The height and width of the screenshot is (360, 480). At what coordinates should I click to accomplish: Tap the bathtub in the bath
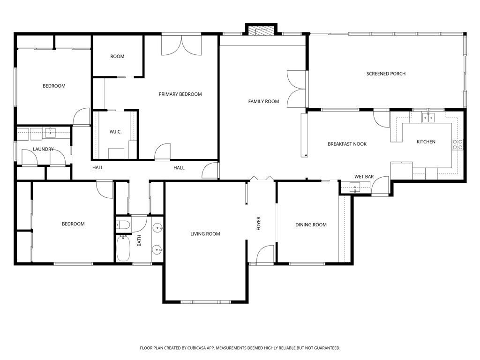pyautogui.click(x=123, y=247)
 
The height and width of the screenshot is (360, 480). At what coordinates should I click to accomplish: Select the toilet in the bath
pyautogui.click(x=123, y=225)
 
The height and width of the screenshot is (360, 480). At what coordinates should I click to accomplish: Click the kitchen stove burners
pyautogui.click(x=457, y=144)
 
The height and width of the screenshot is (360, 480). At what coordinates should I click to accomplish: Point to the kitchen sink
pyautogui.click(x=427, y=117)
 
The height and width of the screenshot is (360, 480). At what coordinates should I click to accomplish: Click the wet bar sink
pyautogui.click(x=356, y=188)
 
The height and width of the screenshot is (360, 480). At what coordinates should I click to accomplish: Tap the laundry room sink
pyautogui.click(x=50, y=133)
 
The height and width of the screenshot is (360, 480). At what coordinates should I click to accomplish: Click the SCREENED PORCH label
pyautogui.click(x=386, y=74)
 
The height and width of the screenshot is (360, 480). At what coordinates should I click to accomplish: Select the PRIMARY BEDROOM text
pyautogui.click(x=180, y=94)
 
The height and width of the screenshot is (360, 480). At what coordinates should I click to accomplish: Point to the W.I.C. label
pyautogui.click(x=115, y=132)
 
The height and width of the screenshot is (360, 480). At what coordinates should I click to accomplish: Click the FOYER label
pyautogui.click(x=258, y=224)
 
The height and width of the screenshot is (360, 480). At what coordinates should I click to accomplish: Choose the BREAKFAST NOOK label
pyautogui.click(x=347, y=144)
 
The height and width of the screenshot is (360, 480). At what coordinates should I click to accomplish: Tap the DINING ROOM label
pyautogui.click(x=311, y=225)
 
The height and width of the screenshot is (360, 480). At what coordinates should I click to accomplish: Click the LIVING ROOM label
pyautogui.click(x=205, y=234)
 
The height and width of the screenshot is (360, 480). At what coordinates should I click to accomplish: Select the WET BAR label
pyautogui.click(x=364, y=177)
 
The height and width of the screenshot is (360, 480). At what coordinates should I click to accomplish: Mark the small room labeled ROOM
pyautogui.click(x=117, y=56)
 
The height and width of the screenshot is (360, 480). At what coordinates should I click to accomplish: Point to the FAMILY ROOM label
pyautogui.click(x=263, y=101)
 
